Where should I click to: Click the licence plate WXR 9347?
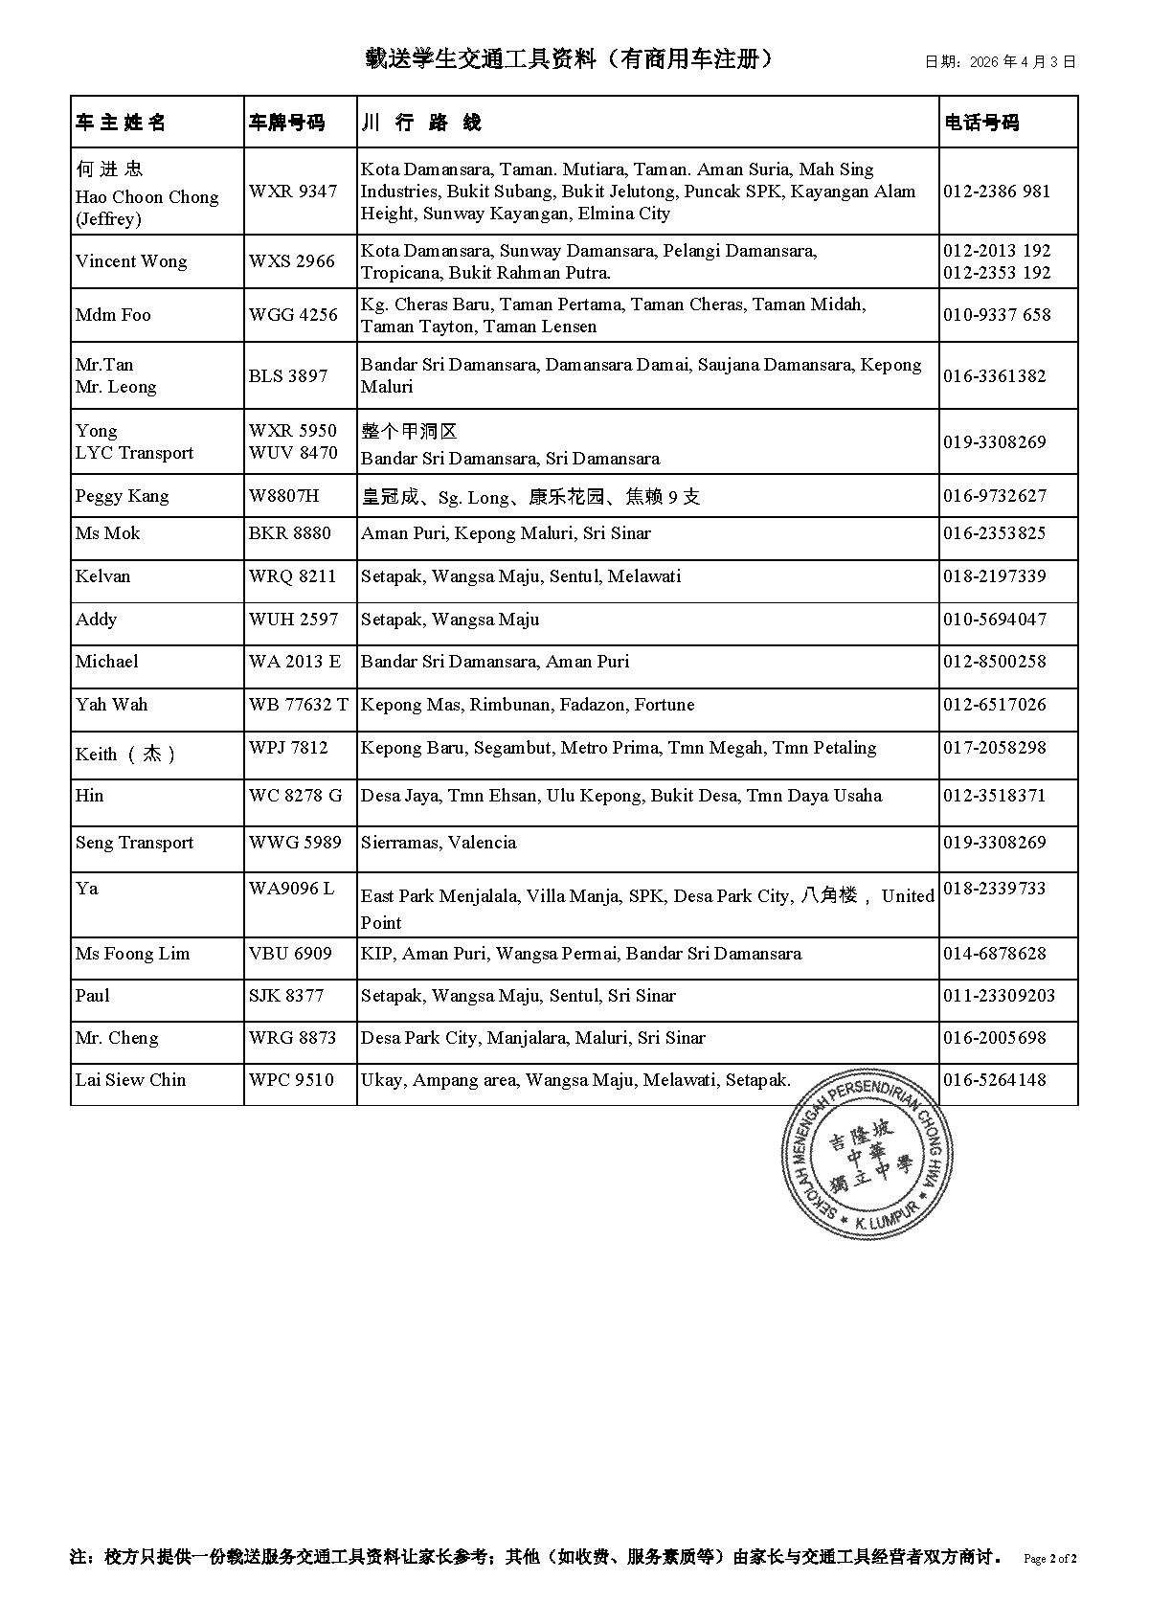pyautogui.click(x=293, y=192)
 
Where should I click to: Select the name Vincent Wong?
pyautogui.click(x=131, y=261)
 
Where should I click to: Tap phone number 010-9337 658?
pyautogui.click(x=997, y=315)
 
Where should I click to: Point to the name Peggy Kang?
pyautogui.click(x=122, y=496)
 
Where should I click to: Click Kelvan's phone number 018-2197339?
pyautogui.click(x=995, y=576)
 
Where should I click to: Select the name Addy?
pyautogui.click(x=96, y=620)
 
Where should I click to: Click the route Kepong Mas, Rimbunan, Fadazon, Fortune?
pyautogui.click(x=528, y=705)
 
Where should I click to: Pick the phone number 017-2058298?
pyautogui.click(x=995, y=748)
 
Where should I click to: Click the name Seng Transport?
pyautogui.click(x=134, y=843)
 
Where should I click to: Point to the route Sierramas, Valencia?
pyautogui.click(x=439, y=843)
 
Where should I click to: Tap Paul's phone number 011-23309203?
pyautogui.click(x=999, y=996)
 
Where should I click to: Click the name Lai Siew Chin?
pyautogui.click(x=130, y=1080)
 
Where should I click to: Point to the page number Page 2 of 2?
pyautogui.click(x=1050, y=1558)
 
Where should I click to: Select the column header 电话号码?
pyautogui.click(x=981, y=123)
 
